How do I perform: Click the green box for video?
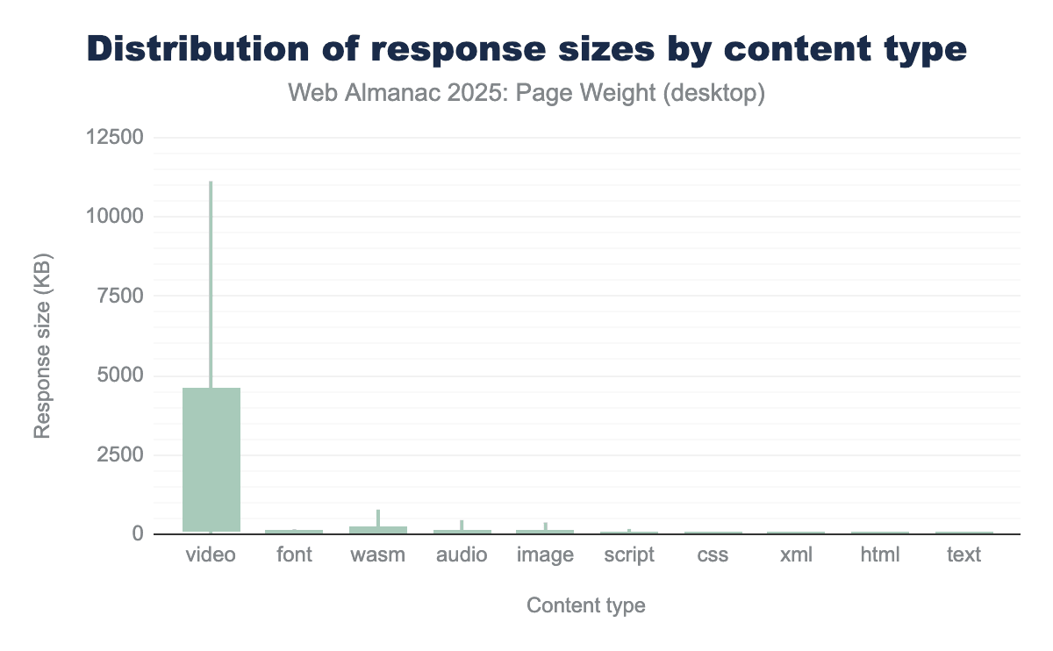coord(211,459)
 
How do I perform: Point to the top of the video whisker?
coord(211,182)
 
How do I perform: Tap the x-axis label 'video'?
coord(211,555)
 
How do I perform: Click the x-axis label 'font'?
coord(294,555)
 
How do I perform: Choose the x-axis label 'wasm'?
coord(377,555)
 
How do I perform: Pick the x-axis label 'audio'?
coord(462,555)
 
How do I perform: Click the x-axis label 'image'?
coord(545,555)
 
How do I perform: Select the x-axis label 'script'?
coord(629,555)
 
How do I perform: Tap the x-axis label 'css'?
coord(713,555)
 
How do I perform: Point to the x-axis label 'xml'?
coord(796,555)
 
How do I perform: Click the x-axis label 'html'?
coord(880,555)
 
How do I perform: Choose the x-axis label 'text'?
coord(963,555)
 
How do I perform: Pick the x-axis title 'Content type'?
coord(585,605)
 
